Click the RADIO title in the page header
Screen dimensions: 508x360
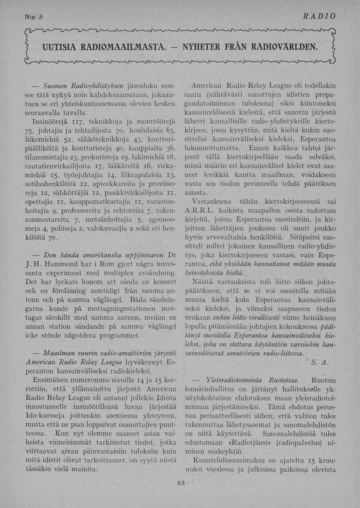click(x=319, y=16)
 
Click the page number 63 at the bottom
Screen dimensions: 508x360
click(x=180, y=483)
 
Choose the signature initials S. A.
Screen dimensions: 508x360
click(x=320, y=363)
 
